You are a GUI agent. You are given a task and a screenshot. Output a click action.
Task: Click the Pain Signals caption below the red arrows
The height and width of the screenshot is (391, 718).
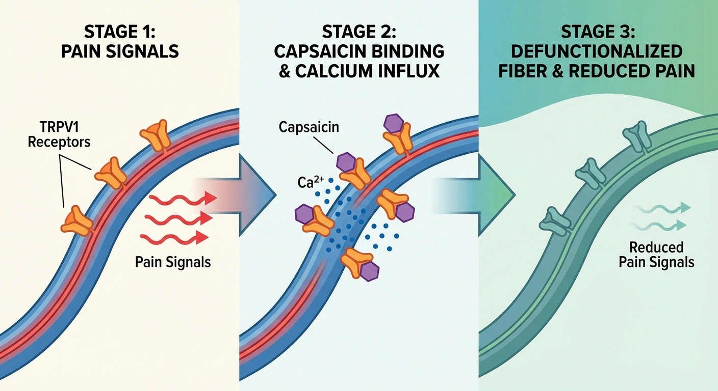coord(172,262)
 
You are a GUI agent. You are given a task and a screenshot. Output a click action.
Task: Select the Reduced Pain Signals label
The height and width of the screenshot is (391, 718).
coord(656,255)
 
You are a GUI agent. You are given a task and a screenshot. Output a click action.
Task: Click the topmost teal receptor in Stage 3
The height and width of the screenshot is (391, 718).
coord(634,137)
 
